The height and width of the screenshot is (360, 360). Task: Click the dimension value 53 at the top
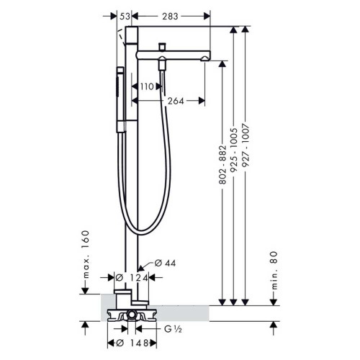pyautogui.click(x=125, y=14)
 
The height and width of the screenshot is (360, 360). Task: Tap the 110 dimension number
pyautogui.click(x=148, y=87)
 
